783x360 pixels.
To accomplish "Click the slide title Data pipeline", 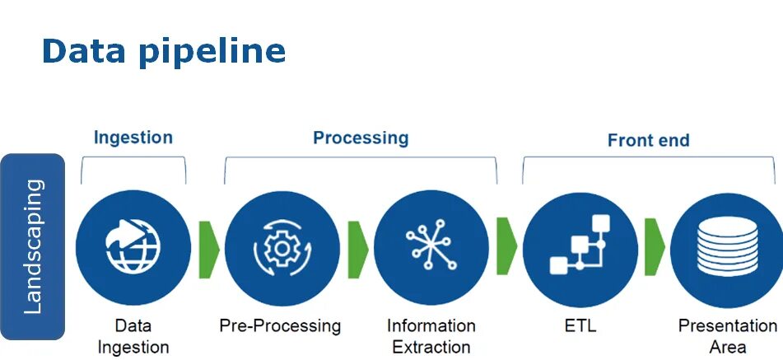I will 163,52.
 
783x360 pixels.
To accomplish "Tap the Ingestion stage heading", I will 133,138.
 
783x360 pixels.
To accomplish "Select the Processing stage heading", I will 361,138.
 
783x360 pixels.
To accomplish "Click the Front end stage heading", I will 648,140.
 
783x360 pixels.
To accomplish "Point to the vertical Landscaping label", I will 33,246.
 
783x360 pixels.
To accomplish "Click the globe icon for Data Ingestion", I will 133,248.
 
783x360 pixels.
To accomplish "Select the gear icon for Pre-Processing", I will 282,248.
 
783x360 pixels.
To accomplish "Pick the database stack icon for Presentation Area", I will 726,248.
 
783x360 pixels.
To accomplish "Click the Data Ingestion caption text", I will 133,336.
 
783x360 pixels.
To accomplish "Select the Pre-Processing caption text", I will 280,326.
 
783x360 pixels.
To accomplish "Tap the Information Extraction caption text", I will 431,336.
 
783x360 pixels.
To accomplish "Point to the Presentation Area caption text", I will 726,336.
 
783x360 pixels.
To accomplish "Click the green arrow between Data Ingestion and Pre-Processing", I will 209,248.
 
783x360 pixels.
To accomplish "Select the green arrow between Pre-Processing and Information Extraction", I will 357,248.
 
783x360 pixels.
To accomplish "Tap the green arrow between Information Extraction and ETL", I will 506,248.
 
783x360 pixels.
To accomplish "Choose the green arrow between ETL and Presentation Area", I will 655,248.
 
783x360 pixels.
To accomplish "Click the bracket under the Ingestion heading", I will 133,161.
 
